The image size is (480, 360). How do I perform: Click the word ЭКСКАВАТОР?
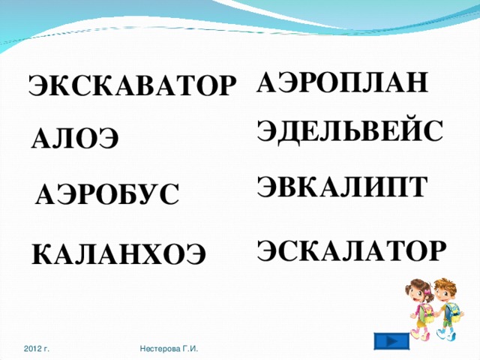pos(132,86)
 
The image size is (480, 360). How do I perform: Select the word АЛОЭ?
pos(75,139)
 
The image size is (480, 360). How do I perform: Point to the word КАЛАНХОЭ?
pos(118,255)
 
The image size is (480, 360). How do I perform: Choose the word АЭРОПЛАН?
pos(343,81)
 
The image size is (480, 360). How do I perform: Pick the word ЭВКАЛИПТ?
pos(343,185)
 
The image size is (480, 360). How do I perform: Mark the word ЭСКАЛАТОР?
pos(352,249)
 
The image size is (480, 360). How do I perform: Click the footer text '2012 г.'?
pos(37,349)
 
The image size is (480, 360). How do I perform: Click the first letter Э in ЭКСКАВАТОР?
pos(38,86)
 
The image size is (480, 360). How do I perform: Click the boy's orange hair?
pos(448,285)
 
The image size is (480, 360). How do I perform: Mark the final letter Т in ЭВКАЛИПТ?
pos(418,185)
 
